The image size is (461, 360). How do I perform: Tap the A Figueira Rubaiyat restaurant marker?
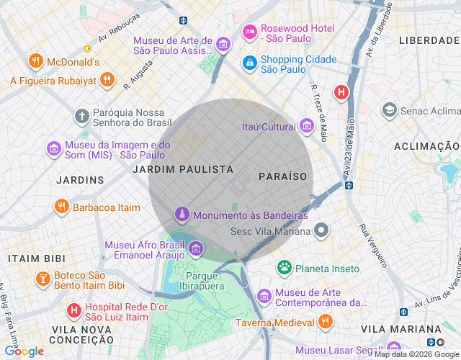click(x=107, y=80)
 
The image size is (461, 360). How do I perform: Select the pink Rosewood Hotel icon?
click(x=250, y=32)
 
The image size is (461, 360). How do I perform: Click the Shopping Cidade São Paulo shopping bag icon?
click(x=250, y=63)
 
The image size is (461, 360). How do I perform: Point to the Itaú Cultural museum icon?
click(x=308, y=127)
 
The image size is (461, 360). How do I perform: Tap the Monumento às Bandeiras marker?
click(x=182, y=215)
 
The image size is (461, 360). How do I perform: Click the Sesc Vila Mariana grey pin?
click(x=321, y=231)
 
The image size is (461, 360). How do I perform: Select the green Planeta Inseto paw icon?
click(x=285, y=268)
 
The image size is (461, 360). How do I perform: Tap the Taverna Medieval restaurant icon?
click(x=326, y=321)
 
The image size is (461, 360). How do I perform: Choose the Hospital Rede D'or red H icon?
click(x=73, y=311)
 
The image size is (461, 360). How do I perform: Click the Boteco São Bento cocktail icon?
click(x=42, y=279)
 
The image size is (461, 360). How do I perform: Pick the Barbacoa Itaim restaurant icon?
click(x=62, y=207)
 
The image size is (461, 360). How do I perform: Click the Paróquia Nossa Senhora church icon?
click(x=83, y=115)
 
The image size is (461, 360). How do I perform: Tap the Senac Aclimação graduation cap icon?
click(x=390, y=110)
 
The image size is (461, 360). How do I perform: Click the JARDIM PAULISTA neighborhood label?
click(x=183, y=169)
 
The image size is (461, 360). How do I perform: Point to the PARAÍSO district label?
click(x=282, y=176)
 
